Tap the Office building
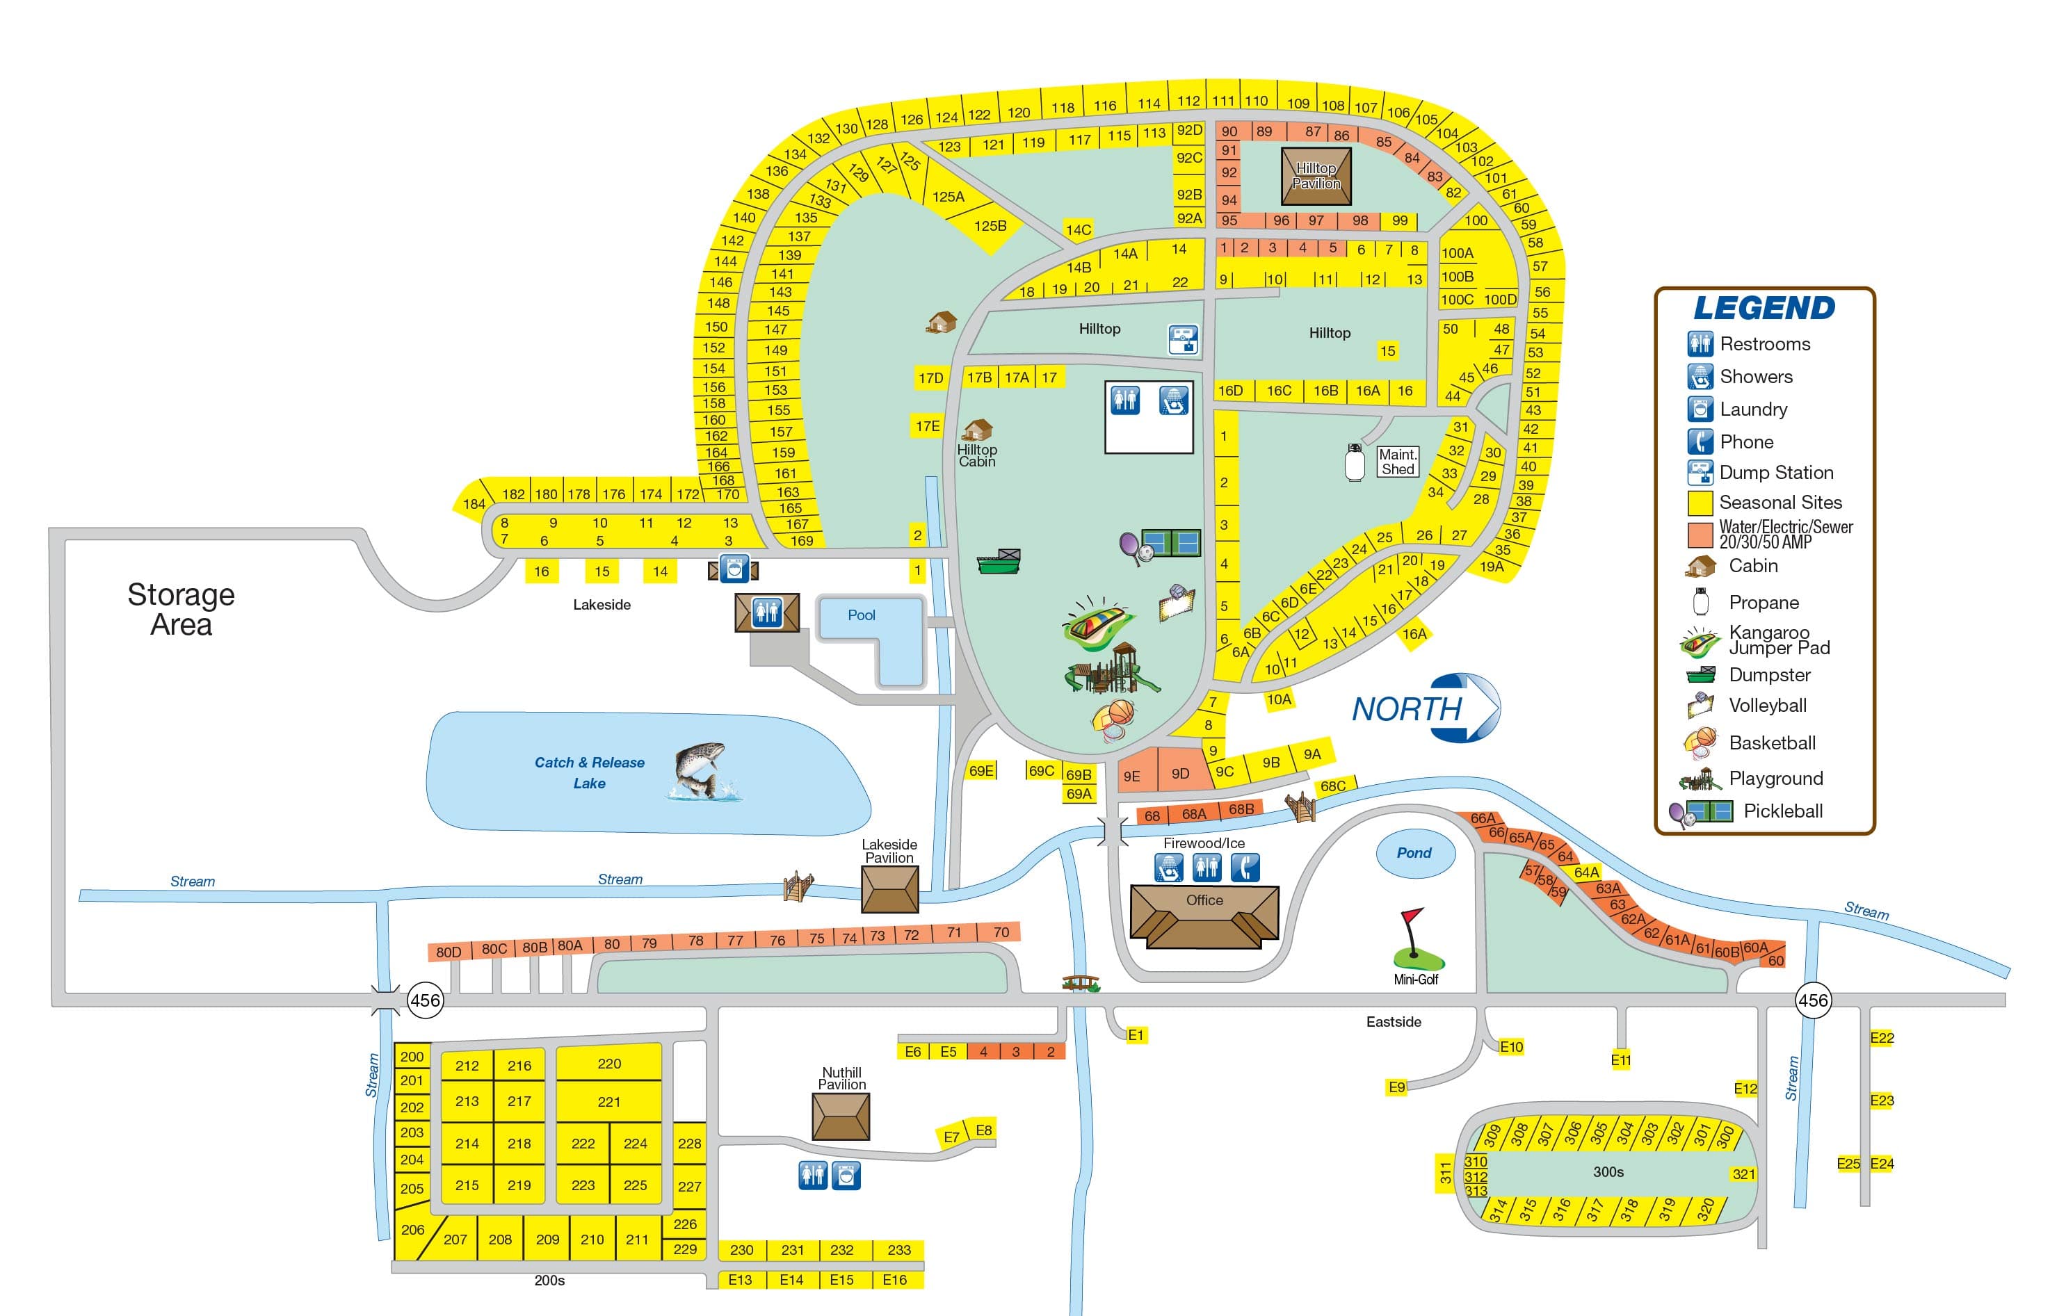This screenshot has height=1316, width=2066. tap(1204, 916)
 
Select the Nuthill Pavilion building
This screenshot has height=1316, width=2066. tap(841, 1116)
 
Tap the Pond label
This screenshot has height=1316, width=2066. tap(1414, 853)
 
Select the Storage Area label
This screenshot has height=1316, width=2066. tap(181, 609)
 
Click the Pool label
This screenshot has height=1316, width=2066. tap(862, 615)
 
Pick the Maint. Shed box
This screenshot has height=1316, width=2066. tap(1397, 462)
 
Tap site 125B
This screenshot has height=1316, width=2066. tap(990, 226)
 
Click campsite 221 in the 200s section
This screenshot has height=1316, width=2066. tap(608, 1101)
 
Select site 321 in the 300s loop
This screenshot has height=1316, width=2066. tap(1743, 1173)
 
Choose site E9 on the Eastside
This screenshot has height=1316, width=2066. tap(1397, 1087)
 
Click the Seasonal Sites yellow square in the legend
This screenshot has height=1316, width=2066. tap(1700, 503)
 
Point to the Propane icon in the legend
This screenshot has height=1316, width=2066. tap(1700, 602)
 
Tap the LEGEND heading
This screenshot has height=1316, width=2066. tap(1764, 308)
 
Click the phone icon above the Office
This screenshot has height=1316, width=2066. tap(1245, 868)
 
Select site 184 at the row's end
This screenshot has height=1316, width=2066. tap(474, 503)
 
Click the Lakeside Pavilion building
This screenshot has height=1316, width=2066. tap(889, 888)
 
